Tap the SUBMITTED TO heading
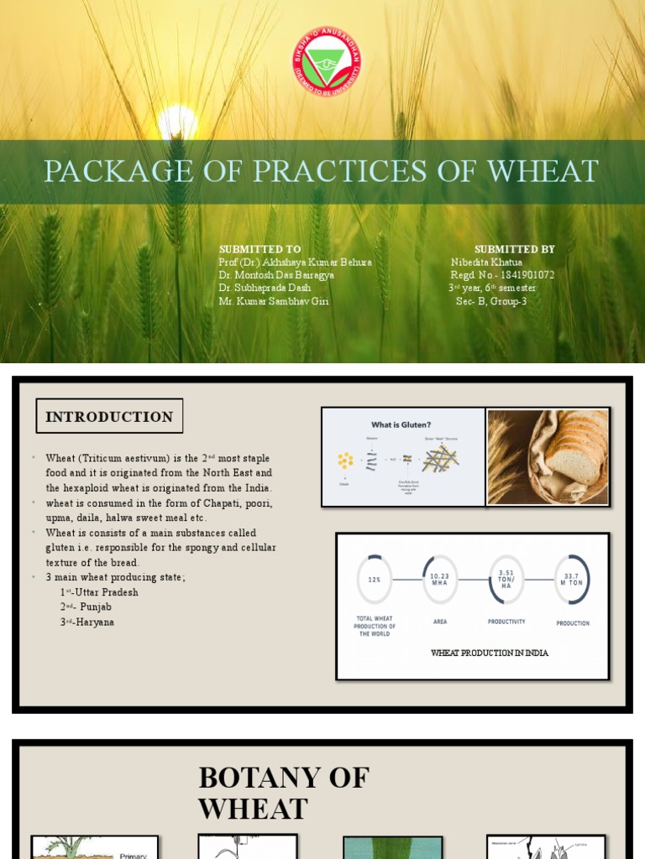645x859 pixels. coord(260,249)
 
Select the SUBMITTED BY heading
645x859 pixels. coord(514,249)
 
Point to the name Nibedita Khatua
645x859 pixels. coord(486,262)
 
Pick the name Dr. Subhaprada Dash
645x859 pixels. coord(265,287)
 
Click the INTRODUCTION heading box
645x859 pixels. coord(109,417)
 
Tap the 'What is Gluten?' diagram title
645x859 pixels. coord(401,424)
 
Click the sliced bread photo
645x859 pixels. coord(548,457)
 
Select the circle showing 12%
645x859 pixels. coord(375,579)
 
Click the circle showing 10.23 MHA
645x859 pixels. coord(439,579)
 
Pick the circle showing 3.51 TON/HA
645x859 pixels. coord(506,579)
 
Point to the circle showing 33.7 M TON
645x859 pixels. coord(573,579)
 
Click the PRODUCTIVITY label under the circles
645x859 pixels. coord(506,622)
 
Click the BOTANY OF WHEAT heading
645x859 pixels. coord(283,793)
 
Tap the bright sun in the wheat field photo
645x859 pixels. coord(178,121)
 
